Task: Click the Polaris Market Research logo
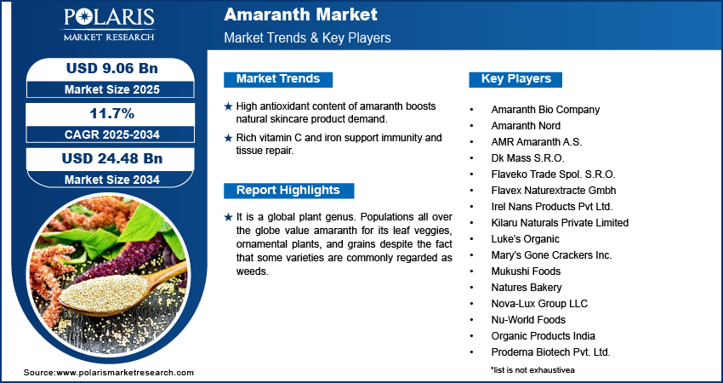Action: click(x=109, y=24)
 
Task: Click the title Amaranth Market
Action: click(x=300, y=14)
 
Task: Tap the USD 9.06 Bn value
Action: click(x=112, y=68)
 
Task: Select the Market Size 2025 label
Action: click(x=112, y=89)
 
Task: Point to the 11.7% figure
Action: click(x=112, y=113)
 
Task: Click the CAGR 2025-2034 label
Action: click(x=112, y=134)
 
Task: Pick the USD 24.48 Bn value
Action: click(x=112, y=158)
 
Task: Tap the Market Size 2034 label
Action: click(x=112, y=180)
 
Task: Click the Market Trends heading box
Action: click(x=278, y=79)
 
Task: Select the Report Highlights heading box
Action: click(x=288, y=191)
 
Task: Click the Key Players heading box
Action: click(x=515, y=79)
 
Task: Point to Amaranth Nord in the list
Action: click(x=526, y=126)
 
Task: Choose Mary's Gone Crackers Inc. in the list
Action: click(x=551, y=255)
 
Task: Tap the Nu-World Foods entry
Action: click(x=528, y=320)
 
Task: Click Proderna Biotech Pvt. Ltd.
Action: click(x=550, y=352)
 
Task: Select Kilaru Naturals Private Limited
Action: click(x=560, y=223)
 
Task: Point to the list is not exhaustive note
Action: click(x=533, y=369)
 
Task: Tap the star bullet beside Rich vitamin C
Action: click(x=228, y=138)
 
